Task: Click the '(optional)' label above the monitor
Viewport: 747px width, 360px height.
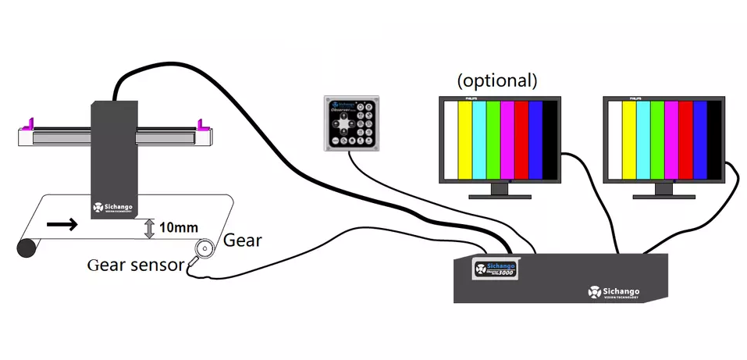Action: (497, 80)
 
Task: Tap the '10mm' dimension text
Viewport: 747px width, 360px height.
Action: (178, 228)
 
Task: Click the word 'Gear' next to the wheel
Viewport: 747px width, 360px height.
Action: (243, 240)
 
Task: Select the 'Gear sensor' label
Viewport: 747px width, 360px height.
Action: (135, 264)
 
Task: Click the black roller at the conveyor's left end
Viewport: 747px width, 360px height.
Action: (27, 248)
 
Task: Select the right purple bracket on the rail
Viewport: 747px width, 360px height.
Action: (202, 123)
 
